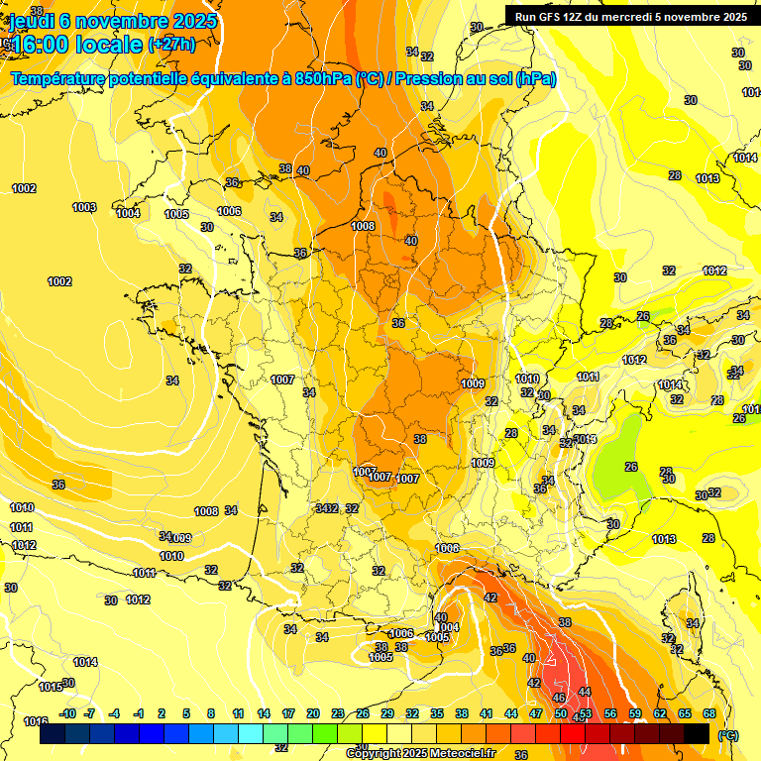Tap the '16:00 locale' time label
[78, 45]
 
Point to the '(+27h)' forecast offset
[171, 45]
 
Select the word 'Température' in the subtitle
[59, 79]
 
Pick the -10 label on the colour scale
[66, 714]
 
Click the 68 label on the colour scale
[708, 714]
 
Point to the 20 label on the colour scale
[312, 714]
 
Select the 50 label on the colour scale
[560, 714]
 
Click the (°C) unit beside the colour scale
[728, 734]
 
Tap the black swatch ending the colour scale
[697, 733]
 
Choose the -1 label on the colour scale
[139, 714]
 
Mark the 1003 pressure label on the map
[84, 207]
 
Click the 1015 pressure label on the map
[50, 687]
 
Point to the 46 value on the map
[558, 699]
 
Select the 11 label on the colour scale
[238, 714]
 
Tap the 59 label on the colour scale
[634, 714]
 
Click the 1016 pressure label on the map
[36, 721]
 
